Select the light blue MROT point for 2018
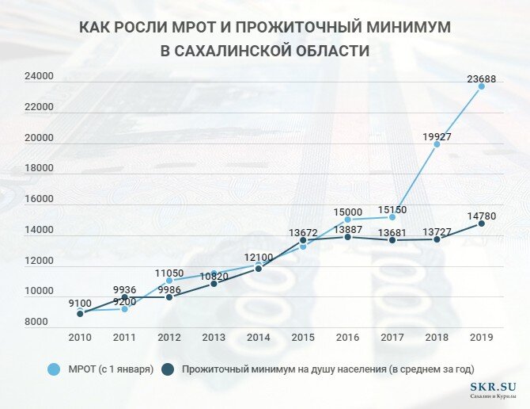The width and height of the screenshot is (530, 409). [x=437, y=144]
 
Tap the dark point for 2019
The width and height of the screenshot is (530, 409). [x=481, y=224]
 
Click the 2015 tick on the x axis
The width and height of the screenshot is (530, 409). [x=303, y=337]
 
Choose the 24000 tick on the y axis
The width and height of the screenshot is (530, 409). [x=38, y=77]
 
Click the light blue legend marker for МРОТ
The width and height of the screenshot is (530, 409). [x=54, y=369]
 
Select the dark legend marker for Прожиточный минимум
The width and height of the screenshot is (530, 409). [x=168, y=369]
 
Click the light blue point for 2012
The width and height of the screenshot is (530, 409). [x=169, y=281]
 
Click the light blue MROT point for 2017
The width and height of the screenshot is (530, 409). [x=392, y=217]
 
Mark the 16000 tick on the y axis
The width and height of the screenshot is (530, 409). [x=38, y=200]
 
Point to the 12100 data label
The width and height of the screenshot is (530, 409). [x=258, y=258]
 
